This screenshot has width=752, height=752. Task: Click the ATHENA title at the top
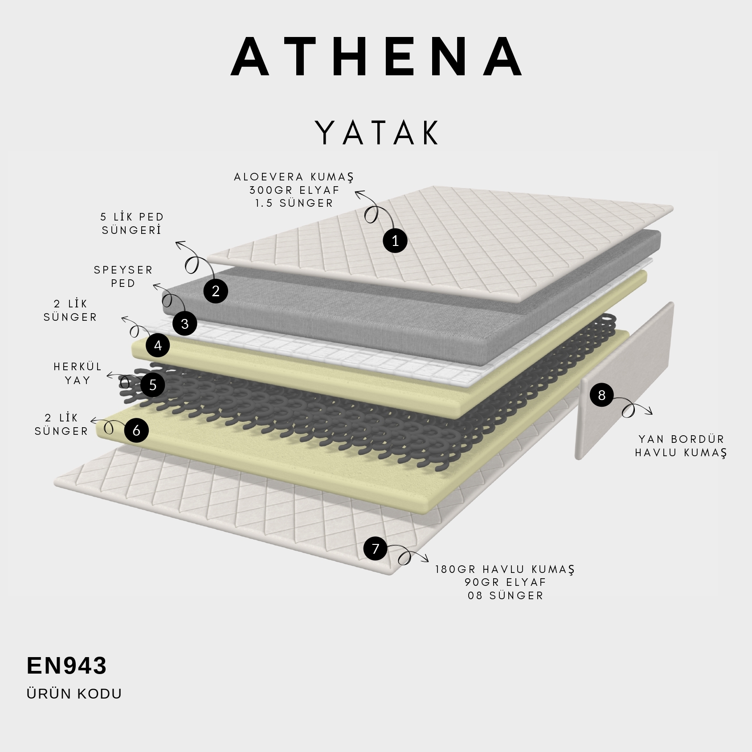377,57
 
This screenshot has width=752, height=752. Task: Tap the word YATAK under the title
377,133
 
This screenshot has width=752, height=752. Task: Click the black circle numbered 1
395,241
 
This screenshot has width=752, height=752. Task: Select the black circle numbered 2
216,291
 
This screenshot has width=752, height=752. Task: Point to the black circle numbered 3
185,323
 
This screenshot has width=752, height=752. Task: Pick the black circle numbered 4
158,345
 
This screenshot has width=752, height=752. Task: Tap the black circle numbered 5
153,385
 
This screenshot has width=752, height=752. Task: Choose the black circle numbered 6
136,430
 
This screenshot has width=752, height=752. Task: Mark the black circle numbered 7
376,548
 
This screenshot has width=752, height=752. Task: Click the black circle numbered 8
601,395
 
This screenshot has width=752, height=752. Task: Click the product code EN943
67,666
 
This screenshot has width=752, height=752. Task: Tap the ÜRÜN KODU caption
74,694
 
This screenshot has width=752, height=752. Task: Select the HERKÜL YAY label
78,373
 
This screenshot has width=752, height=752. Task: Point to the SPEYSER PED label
123,276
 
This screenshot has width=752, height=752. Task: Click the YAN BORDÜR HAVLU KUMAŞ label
681,446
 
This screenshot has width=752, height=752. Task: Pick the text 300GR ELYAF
294,190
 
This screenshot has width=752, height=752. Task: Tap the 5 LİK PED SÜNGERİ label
132,223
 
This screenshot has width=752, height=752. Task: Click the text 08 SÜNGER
506,595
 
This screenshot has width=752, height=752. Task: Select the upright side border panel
624,381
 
